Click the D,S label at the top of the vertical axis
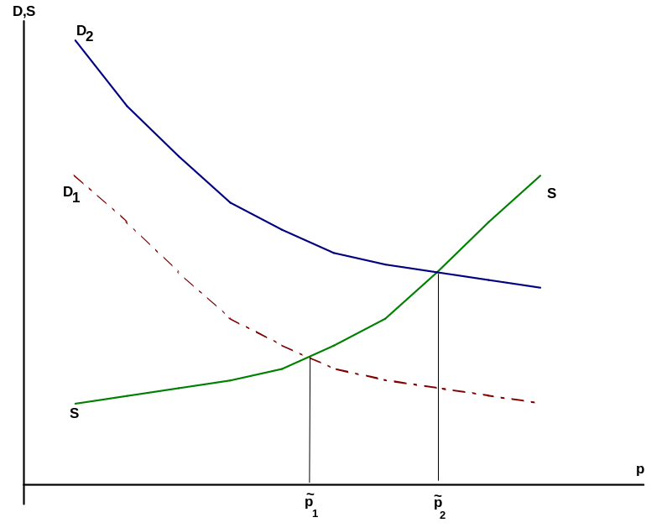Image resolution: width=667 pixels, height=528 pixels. [24, 12]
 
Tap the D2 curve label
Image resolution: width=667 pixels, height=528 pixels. [85, 33]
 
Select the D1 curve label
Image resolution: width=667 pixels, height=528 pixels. [71, 194]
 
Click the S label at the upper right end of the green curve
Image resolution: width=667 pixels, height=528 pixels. [552, 194]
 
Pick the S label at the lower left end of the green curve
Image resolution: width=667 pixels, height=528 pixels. [75, 413]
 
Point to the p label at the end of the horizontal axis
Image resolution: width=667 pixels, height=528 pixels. [640, 470]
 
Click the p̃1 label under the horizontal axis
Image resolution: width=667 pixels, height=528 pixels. [311, 505]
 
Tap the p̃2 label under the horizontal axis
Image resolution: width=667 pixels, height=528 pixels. [440, 506]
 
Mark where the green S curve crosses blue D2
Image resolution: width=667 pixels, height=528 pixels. [438, 272]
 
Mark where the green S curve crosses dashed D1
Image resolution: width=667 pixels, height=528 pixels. [310, 357]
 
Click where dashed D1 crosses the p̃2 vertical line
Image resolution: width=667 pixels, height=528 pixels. [438, 388]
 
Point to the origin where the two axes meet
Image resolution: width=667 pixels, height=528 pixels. [24, 484]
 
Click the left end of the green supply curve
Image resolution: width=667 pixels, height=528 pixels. [76, 403]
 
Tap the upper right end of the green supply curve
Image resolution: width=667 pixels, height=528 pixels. [540, 175]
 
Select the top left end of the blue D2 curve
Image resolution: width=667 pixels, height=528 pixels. [76, 40]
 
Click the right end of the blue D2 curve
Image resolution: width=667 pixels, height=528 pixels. [540, 288]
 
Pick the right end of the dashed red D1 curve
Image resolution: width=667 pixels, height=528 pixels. [534, 402]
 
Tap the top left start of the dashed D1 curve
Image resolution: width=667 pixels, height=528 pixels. [74, 175]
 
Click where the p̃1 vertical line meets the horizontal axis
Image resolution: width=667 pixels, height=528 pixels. [310, 484]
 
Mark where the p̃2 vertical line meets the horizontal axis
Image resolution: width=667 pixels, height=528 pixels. [438, 484]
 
